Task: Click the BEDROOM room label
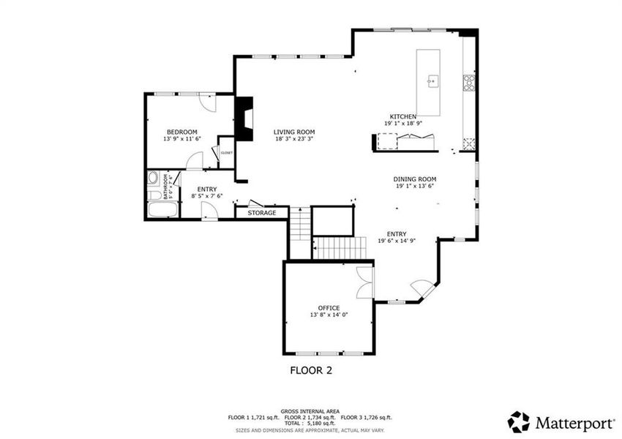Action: pyautogui.click(x=180, y=132)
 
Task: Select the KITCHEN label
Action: pyautogui.click(x=402, y=117)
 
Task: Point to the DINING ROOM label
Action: pyautogui.click(x=414, y=179)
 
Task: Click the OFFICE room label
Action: pyautogui.click(x=329, y=307)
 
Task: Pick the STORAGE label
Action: pyautogui.click(x=261, y=213)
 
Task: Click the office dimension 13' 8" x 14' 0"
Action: pyautogui.click(x=329, y=315)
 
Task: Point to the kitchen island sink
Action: pyautogui.click(x=432, y=80)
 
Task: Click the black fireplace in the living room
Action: pyautogui.click(x=243, y=119)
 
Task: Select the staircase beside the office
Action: pyautogui.click(x=339, y=247)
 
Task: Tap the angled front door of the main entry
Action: pyautogui.click(x=421, y=289)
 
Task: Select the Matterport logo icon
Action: pyautogui.click(x=519, y=421)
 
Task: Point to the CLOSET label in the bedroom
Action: pyautogui.click(x=226, y=153)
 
